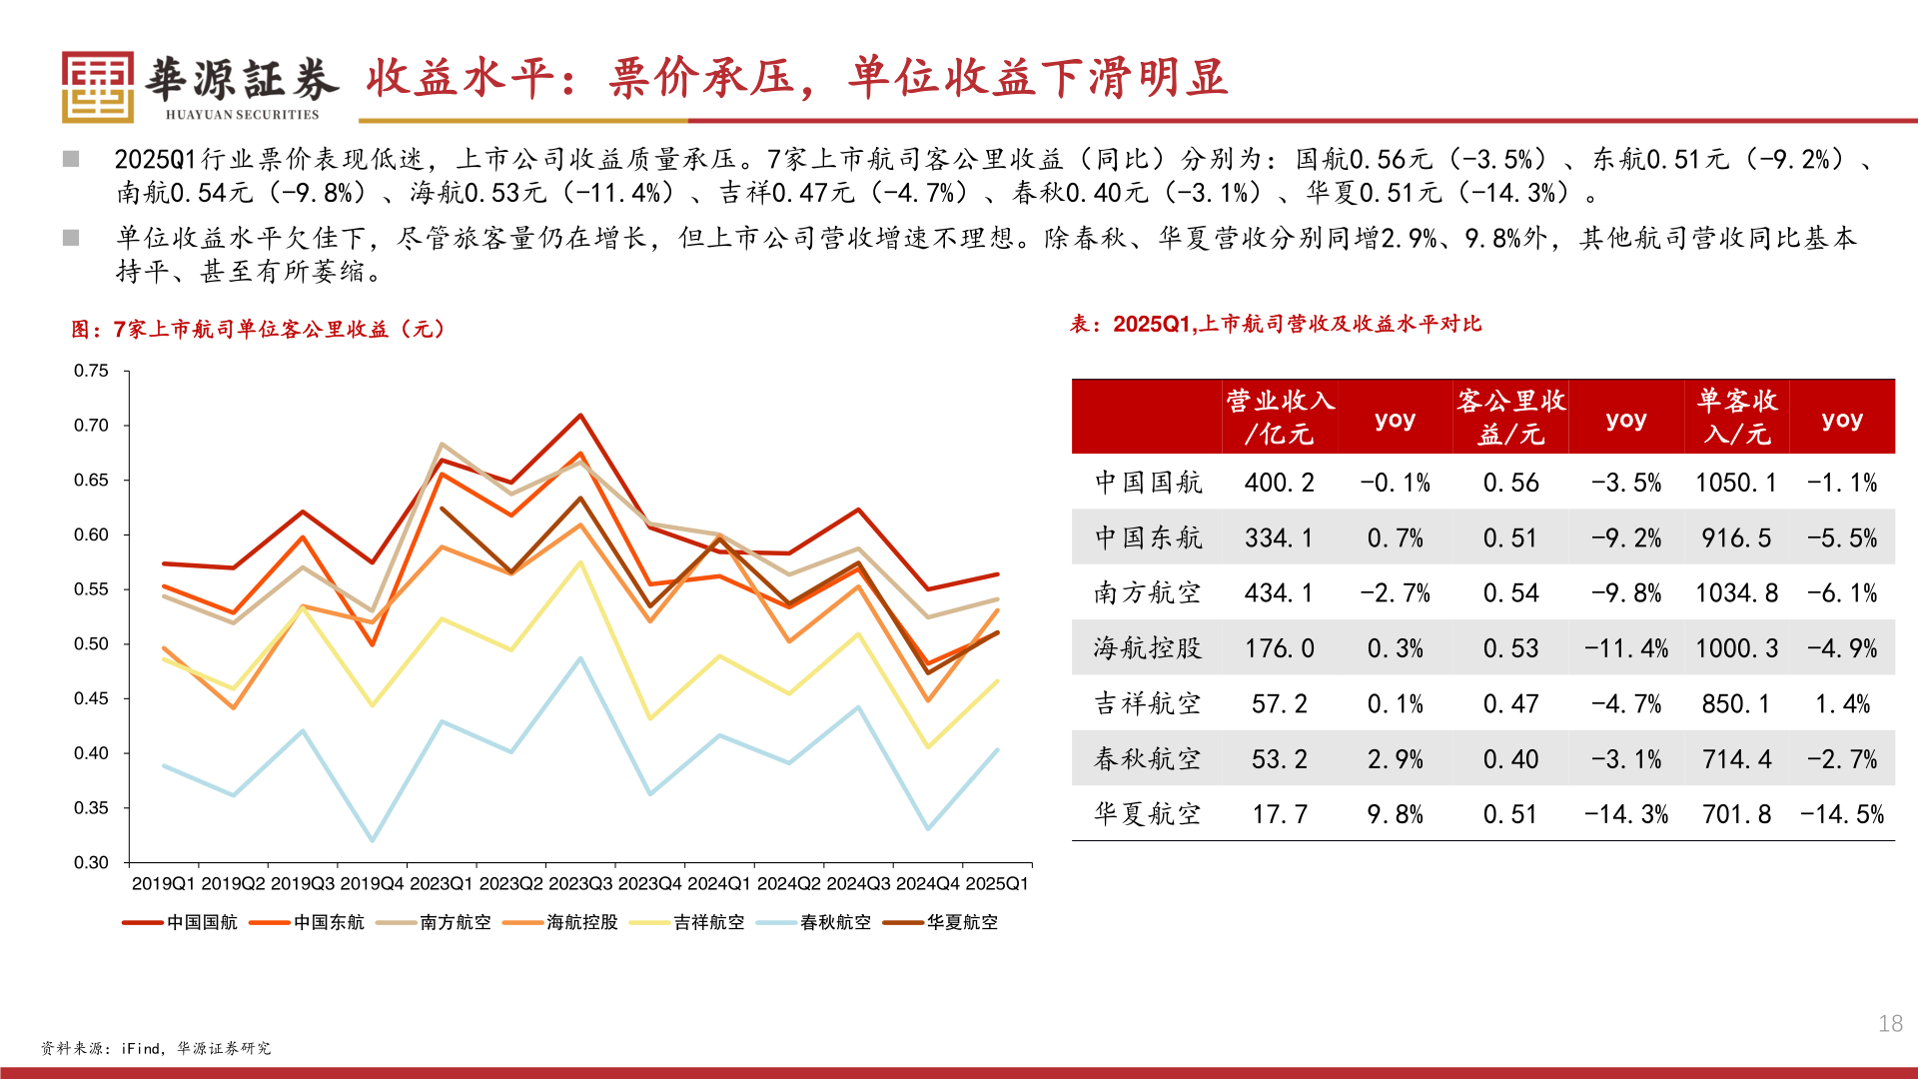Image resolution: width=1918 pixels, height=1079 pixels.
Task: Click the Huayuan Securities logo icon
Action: (97, 87)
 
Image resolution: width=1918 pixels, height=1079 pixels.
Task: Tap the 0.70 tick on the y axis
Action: (91, 426)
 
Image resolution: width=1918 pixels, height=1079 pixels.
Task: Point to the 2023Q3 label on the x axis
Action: (580, 884)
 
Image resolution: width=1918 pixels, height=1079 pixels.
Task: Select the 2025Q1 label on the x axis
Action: (997, 884)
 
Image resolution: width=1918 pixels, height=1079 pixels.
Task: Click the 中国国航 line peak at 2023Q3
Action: (580, 416)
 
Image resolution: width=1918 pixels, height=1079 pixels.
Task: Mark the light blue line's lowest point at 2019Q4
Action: (373, 840)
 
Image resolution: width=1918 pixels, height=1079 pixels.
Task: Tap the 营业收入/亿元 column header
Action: (1280, 417)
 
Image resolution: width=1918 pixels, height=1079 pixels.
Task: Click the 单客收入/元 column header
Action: (1737, 417)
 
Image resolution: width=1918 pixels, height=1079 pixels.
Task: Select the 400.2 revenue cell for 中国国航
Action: (1280, 484)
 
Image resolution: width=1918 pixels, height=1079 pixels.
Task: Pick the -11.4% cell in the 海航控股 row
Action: (1626, 649)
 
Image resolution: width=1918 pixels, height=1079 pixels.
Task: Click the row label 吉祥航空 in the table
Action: (1147, 704)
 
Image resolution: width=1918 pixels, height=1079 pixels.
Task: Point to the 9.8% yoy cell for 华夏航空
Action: (1395, 815)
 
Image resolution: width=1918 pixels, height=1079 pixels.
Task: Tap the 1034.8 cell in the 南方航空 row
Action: (1737, 593)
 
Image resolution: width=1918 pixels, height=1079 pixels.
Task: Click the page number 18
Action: (1890, 1024)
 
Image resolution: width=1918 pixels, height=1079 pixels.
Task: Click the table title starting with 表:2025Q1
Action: (1276, 324)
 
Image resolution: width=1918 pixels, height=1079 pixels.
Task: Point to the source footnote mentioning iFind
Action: (156, 1048)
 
